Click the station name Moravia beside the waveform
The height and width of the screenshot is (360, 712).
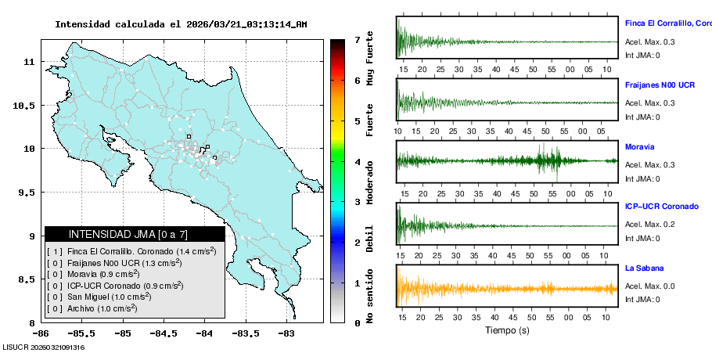click(x=639, y=146)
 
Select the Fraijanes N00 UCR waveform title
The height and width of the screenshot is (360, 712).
click(x=660, y=85)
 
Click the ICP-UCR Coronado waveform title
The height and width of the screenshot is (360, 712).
click(x=661, y=207)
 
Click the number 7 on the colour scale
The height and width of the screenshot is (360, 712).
click(x=357, y=39)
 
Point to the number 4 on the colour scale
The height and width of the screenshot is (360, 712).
click(x=357, y=162)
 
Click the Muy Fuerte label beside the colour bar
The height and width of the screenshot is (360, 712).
click(x=370, y=59)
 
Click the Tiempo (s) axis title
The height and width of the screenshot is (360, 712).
click(x=507, y=330)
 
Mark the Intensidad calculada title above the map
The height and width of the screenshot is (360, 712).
click(x=181, y=24)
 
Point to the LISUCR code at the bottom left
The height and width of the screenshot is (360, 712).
click(x=43, y=347)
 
